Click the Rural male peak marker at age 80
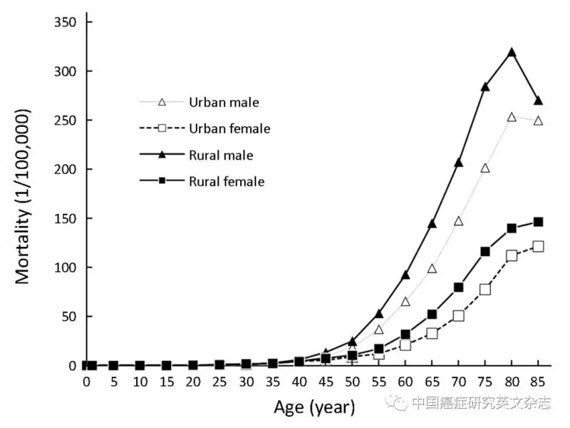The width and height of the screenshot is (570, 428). tap(512, 53)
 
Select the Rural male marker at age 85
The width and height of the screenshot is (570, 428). tap(538, 101)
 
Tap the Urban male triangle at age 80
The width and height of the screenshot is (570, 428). tap(512, 117)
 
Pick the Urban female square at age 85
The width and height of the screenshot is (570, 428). tap(538, 246)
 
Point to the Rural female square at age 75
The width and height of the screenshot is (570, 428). tap(485, 251)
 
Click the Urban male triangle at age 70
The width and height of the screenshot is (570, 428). tap(458, 221)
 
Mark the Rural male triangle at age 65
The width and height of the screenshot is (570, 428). tap(432, 224)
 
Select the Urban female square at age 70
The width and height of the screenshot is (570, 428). tap(458, 315)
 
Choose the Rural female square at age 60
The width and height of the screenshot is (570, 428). tap(405, 334)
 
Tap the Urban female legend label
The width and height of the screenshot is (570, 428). tap(229, 128)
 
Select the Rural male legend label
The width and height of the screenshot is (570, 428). tap(221, 155)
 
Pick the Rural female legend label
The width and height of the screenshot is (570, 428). tap(227, 182)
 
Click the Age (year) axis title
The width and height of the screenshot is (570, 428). tap(313, 407)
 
